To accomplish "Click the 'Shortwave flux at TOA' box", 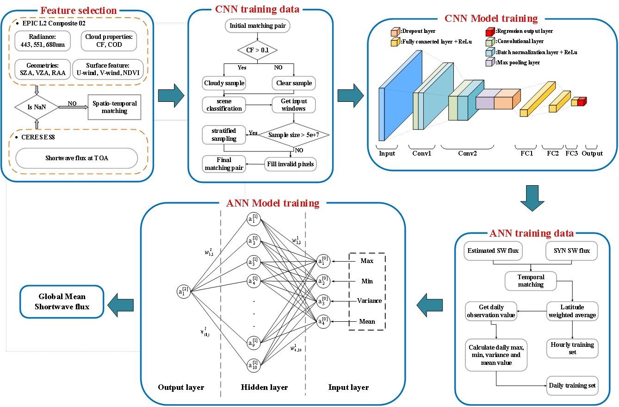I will [x=76, y=158].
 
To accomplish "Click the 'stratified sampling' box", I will [x=224, y=134].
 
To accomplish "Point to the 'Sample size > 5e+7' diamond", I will [x=293, y=135].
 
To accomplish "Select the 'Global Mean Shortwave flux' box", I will [x=61, y=301].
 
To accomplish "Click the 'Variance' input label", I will [x=370, y=301].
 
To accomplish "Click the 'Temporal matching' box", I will [x=531, y=281].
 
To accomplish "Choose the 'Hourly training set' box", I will [x=572, y=348].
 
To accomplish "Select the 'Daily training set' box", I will [x=572, y=385].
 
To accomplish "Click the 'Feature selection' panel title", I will [x=79, y=10].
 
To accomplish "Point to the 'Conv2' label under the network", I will [x=468, y=153].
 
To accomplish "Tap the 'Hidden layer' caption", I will [x=264, y=387].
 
